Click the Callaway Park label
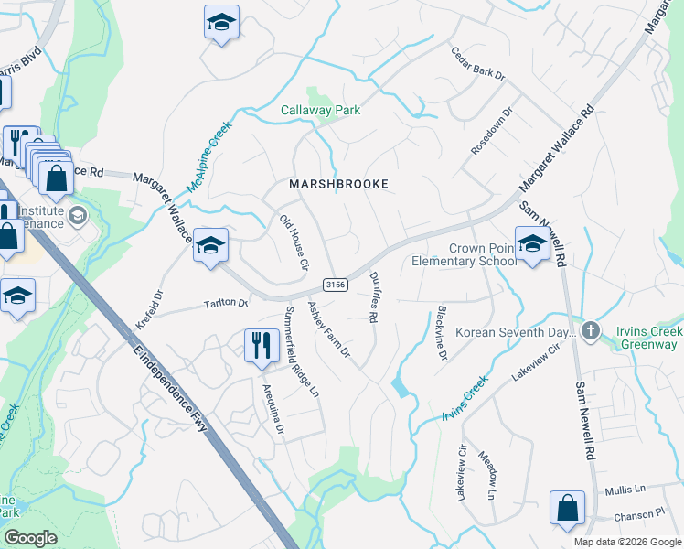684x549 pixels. pos(320,110)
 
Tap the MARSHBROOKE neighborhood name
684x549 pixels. pos(338,184)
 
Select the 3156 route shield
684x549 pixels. pos(336,285)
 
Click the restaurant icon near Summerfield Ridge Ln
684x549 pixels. pos(262,347)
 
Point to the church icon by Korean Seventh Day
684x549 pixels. pos(591,330)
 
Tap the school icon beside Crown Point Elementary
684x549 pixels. pos(531,244)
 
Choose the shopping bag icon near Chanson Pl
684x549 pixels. pos(567,510)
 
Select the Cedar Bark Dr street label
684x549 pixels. pos(478,65)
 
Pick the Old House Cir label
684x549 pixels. pos(294,242)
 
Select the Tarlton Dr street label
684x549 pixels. pos(226,303)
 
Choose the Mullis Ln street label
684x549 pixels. pos(625,490)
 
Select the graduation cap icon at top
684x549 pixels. pos(220,24)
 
